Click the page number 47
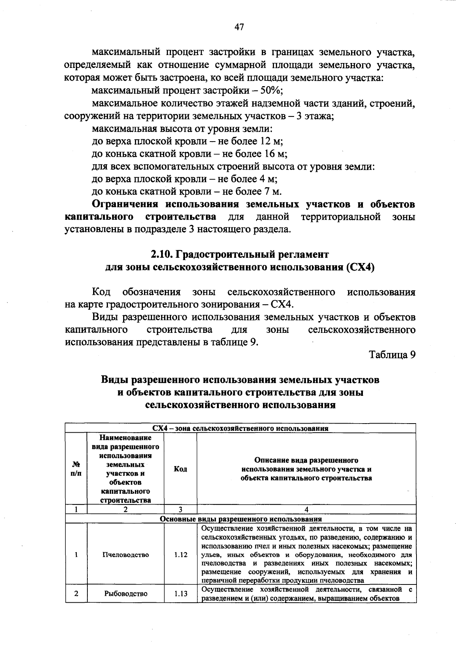(x=239, y=27)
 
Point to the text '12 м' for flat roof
(x=271, y=141)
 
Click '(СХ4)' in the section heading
(x=360, y=267)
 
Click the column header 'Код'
(x=180, y=469)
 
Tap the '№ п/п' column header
(x=76, y=469)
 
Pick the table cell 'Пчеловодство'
(x=125, y=554)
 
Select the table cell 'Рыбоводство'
(x=125, y=594)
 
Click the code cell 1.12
(x=180, y=554)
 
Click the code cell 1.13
(x=180, y=594)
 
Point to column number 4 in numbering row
(x=306, y=509)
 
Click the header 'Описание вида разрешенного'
(x=306, y=460)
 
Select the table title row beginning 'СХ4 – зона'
(x=240, y=428)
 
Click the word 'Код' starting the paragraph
(x=101, y=292)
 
